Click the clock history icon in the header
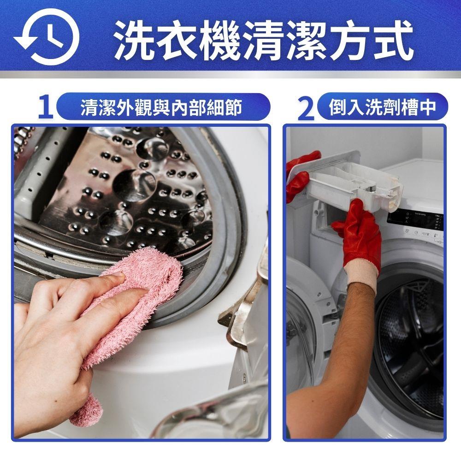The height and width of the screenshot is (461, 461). (x=47, y=37)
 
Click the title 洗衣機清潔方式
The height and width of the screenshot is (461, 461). (x=263, y=40)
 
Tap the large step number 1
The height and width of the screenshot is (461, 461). (x=46, y=107)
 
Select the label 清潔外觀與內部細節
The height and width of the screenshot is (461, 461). (x=161, y=107)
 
